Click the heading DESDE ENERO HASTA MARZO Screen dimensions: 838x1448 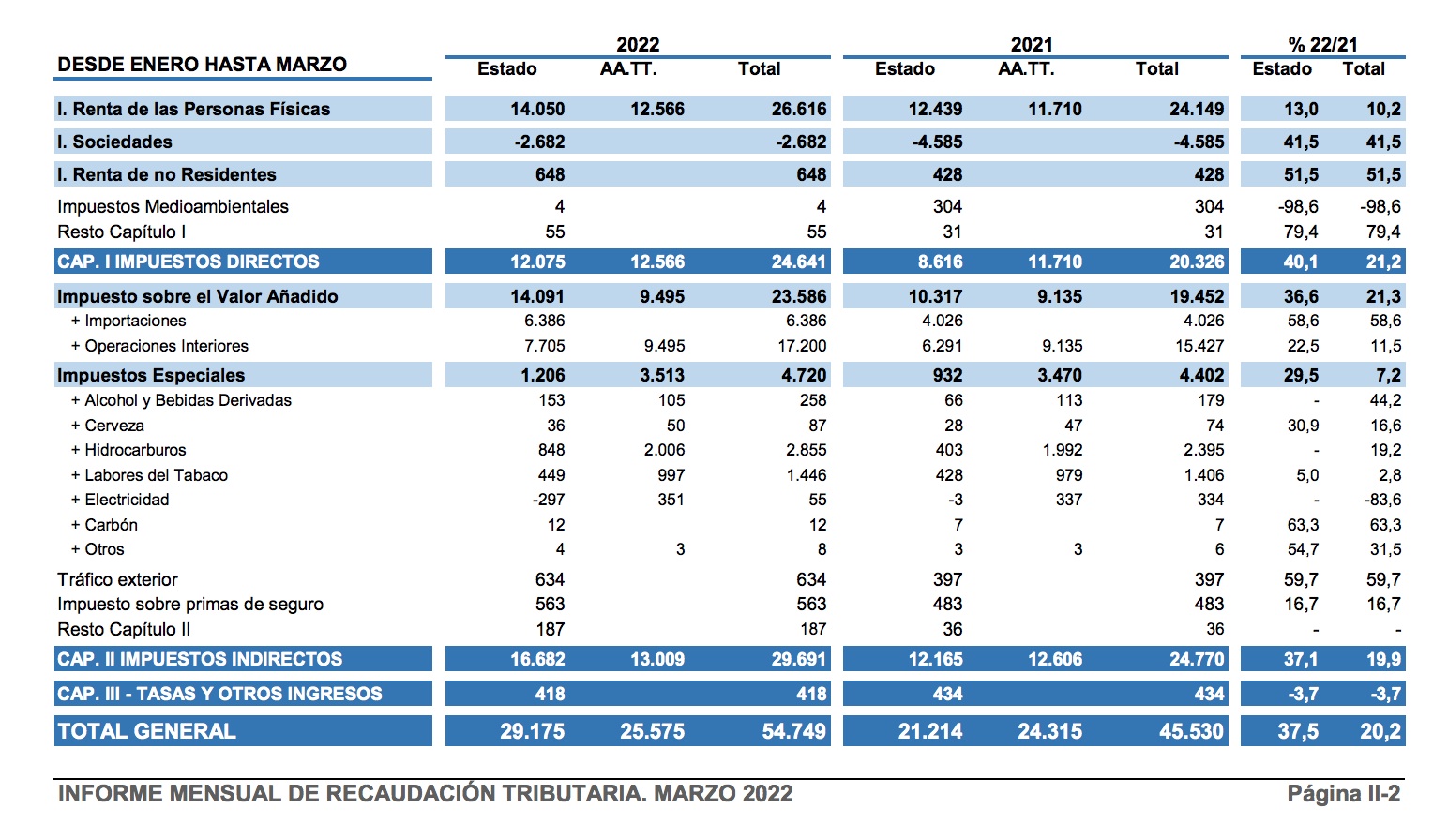tap(202, 65)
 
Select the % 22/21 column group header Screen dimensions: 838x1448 tap(1322, 44)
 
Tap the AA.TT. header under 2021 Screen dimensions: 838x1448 tap(1026, 69)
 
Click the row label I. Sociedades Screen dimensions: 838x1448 tap(114, 142)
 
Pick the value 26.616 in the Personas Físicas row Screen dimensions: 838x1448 tap(798, 109)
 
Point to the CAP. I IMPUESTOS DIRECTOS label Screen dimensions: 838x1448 tap(189, 262)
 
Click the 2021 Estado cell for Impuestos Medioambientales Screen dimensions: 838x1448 tap(947, 206)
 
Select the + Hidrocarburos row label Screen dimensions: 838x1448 tap(128, 450)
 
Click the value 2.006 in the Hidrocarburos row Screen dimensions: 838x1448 tap(664, 450)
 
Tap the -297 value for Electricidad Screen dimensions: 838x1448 tap(549, 500)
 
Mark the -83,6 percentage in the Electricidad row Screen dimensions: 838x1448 tap(1383, 500)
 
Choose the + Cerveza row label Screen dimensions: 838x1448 tap(108, 426)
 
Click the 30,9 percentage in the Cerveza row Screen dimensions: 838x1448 tap(1303, 426)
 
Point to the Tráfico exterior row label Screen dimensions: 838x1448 tap(117, 579)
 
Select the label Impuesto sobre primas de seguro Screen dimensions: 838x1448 tap(190, 605)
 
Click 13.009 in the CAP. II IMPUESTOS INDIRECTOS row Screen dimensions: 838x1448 tap(656, 659)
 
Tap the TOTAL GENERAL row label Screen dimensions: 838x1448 tap(146, 731)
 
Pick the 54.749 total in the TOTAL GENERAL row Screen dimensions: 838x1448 tap(793, 731)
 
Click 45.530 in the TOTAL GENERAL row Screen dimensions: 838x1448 tap(1191, 731)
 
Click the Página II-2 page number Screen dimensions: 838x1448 tap(1343, 794)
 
